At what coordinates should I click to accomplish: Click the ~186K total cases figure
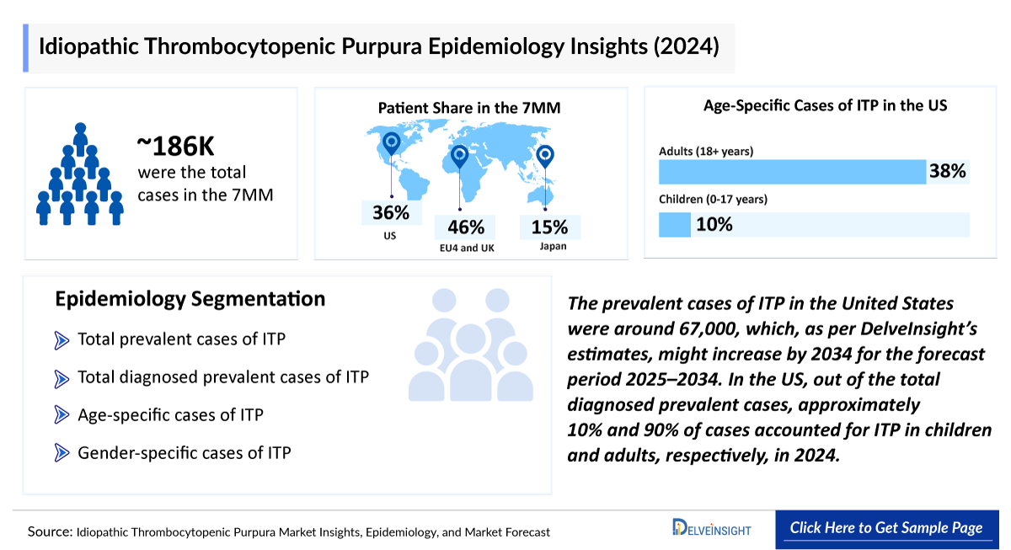pyautogui.click(x=176, y=146)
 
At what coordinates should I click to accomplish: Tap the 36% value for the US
pyautogui.click(x=390, y=212)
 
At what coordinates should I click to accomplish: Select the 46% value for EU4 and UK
pyautogui.click(x=465, y=227)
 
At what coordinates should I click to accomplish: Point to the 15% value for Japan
pyautogui.click(x=549, y=227)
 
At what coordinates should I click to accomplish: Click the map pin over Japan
pyautogui.click(x=546, y=158)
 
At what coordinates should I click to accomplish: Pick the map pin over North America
pyautogui.click(x=390, y=145)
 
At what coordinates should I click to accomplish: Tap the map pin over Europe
pyautogui.click(x=459, y=157)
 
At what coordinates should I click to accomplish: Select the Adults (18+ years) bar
pyautogui.click(x=792, y=172)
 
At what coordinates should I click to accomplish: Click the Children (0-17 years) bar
pyautogui.click(x=674, y=225)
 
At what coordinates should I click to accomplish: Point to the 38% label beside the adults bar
pyautogui.click(x=947, y=172)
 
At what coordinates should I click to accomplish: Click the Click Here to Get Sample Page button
pyautogui.click(x=885, y=529)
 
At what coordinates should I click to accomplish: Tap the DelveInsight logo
pyautogui.click(x=711, y=529)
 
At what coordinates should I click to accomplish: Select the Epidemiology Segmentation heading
pyautogui.click(x=190, y=299)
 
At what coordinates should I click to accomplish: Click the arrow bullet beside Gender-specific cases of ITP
pyautogui.click(x=62, y=453)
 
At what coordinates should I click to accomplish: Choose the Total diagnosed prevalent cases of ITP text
pyautogui.click(x=223, y=377)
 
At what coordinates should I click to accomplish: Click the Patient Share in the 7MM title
pyautogui.click(x=468, y=108)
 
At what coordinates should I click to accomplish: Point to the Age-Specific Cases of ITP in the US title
pyautogui.click(x=825, y=106)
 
